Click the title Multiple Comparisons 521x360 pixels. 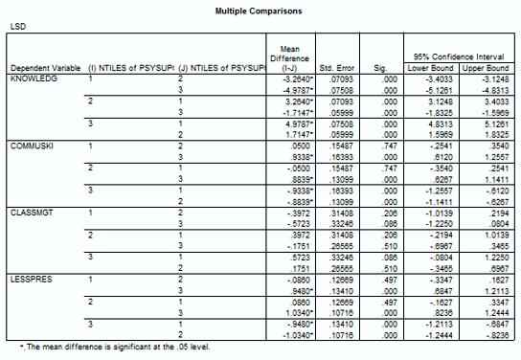pos(260,11)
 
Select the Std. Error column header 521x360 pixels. pos(337,68)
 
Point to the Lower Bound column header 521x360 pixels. pos(430,68)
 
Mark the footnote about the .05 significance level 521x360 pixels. pos(108,347)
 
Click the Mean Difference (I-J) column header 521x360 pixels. pos(288,57)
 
